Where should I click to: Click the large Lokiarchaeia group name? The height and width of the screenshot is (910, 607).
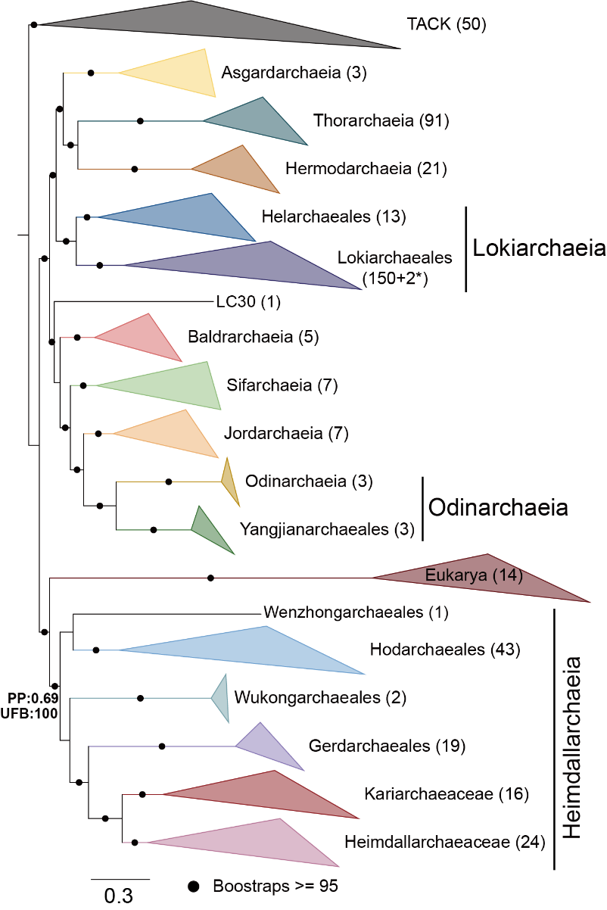tap(539, 248)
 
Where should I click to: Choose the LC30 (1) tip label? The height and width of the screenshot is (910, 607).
tap(248, 303)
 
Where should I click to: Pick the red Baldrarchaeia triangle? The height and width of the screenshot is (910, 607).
tap(144, 336)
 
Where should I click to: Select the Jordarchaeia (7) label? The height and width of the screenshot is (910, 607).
tap(285, 434)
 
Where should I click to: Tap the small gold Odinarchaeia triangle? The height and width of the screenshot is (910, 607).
tap(230, 481)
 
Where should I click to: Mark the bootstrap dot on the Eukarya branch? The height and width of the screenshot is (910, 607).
tap(210, 578)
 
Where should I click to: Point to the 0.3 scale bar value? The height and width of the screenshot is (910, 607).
tap(119, 896)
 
